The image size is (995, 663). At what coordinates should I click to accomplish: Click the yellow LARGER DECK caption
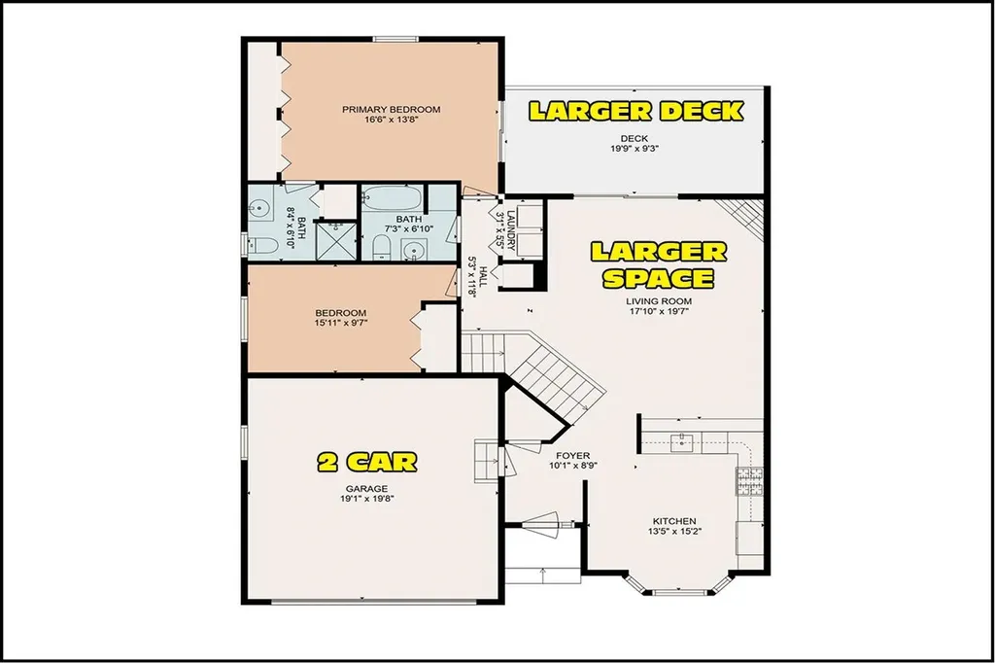click(x=635, y=110)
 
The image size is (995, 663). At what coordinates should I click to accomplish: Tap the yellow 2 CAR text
click(x=367, y=460)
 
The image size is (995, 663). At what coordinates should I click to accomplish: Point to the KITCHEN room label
click(x=673, y=521)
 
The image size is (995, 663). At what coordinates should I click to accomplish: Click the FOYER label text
click(x=573, y=454)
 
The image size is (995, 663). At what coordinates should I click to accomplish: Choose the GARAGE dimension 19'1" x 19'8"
click(x=366, y=499)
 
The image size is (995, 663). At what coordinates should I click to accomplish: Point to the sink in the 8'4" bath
click(x=259, y=207)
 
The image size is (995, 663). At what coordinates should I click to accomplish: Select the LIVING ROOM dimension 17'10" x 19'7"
click(x=658, y=312)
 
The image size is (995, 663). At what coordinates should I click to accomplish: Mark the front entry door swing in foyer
click(x=546, y=524)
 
